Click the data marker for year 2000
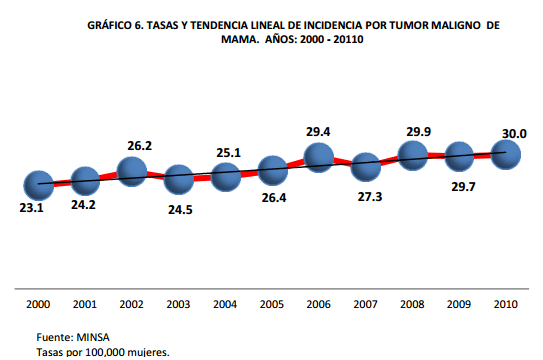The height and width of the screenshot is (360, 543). [39, 184]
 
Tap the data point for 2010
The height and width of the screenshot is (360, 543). [507, 152]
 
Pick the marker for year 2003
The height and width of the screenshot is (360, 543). [179, 179]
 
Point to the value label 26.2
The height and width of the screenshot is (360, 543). [134, 145]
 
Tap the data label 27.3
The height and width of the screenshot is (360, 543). [369, 197]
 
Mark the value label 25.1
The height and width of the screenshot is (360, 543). [229, 152]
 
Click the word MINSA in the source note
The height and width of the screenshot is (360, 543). [97, 337]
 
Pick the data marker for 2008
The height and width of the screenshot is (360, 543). [413, 153]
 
